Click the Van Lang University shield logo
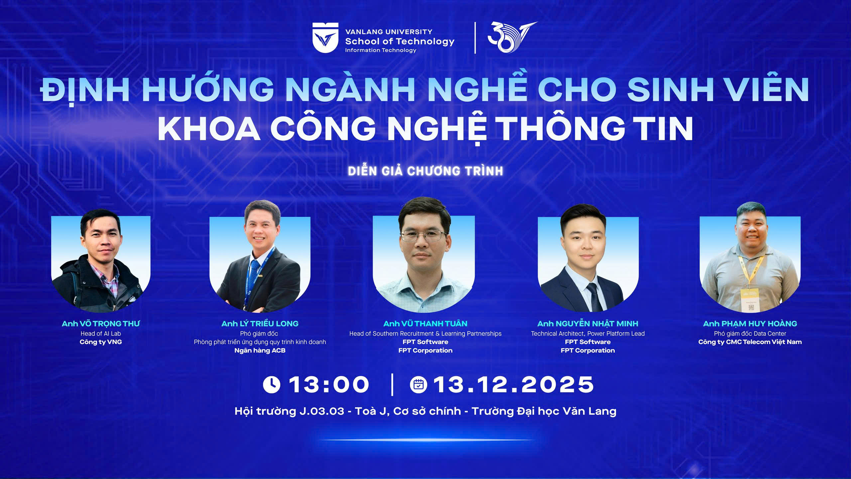(x=325, y=38)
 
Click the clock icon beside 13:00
(x=272, y=385)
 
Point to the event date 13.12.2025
(x=514, y=385)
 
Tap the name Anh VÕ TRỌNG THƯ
(x=101, y=324)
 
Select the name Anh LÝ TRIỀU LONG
(x=260, y=324)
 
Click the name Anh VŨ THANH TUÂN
(x=425, y=324)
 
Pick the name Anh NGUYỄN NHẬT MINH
(x=588, y=324)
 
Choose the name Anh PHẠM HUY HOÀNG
(x=750, y=324)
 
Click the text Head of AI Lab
(x=101, y=334)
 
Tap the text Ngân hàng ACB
(x=260, y=351)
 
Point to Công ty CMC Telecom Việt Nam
(x=750, y=342)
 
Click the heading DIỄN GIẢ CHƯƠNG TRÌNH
(x=425, y=171)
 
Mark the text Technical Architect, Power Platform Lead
(x=588, y=334)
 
